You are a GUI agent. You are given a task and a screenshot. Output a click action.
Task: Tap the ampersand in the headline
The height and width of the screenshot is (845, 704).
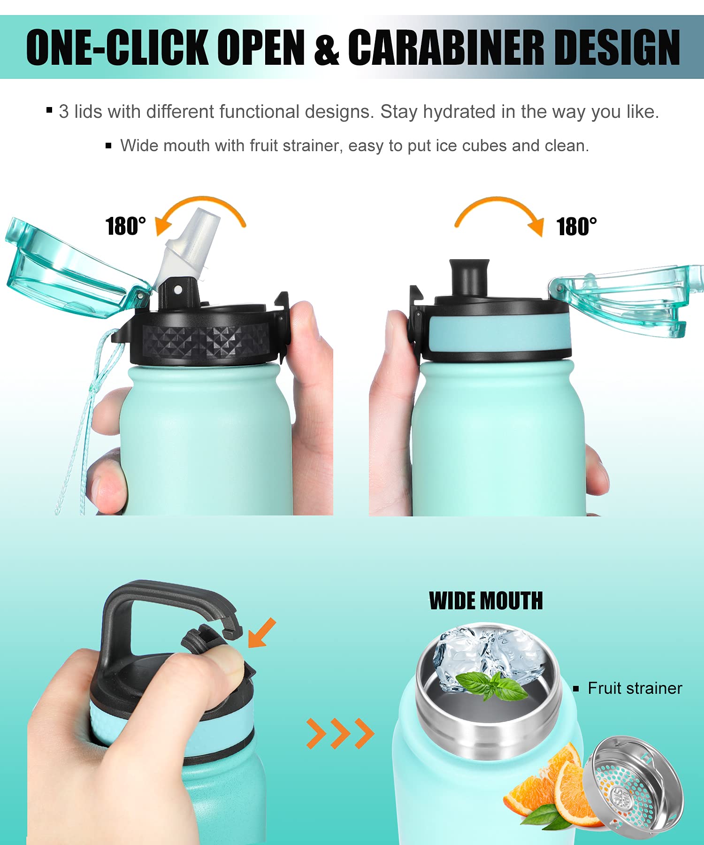327,50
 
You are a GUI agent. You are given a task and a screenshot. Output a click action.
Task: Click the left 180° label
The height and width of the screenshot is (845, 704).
125,226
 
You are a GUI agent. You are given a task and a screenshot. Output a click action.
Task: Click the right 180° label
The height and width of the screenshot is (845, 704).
576,227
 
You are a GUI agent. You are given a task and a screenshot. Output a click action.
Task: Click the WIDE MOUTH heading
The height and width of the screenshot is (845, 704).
486,601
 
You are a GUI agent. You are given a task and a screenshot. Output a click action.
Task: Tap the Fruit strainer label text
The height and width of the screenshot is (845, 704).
635,688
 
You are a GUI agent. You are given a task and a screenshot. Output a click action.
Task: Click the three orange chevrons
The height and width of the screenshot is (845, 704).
340,733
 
